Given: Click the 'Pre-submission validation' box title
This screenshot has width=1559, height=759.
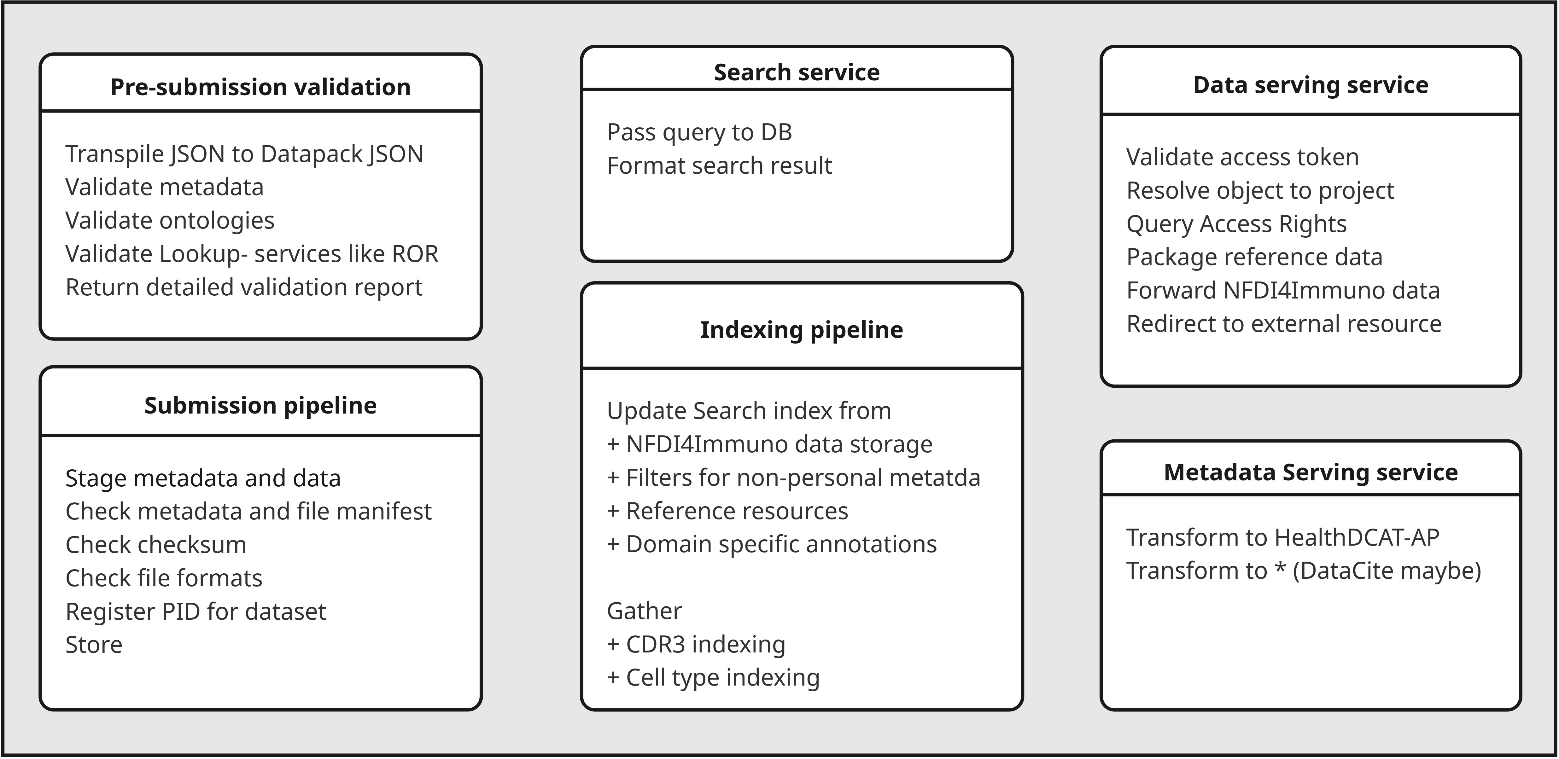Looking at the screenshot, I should pyautogui.click(x=260, y=87).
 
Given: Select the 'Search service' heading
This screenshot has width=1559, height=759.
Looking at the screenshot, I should pyautogui.click(x=797, y=72).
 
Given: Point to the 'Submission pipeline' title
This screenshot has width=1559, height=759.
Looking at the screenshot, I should pyautogui.click(x=260, y=405).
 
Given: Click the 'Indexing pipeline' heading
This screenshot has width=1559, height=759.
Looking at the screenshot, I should pyautogui.click(x=801, y=330).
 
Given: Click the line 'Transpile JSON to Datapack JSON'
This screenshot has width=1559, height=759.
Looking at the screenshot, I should pyautogui.click(x=244, y=154).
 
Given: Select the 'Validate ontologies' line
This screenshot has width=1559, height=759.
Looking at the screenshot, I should pyautogui.click(x=169, y=221).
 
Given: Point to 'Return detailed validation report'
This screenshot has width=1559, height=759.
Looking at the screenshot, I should pyautogui.click(x=243, y=287).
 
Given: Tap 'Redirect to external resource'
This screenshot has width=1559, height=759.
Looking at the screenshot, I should pyautogui.click(x=1284, y=324).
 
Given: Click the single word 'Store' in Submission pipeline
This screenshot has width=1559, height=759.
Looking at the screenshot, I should pyautogui.click(x=94, y=645).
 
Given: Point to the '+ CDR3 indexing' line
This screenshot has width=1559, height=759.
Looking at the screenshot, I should pyautogui.click(x=696, y=644).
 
